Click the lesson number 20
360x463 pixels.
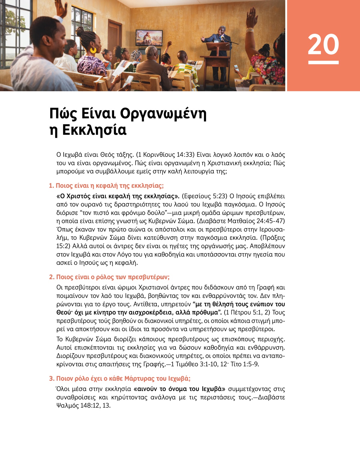[x=323, y=44]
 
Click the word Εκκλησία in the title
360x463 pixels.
[x=94, y=130]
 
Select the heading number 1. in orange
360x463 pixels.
[x=51, y=186]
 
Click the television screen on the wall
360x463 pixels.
[x=149, y=38]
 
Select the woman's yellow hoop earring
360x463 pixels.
[x=93, y=50]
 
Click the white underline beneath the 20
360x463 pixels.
[x=323, y=62]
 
